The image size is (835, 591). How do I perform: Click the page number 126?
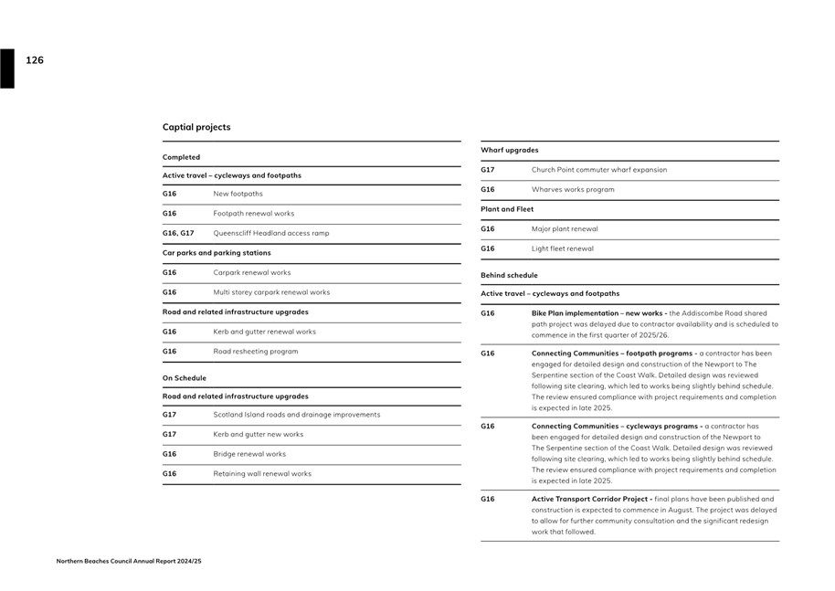coord(35,60)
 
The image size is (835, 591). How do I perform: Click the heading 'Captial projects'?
coord(196,127)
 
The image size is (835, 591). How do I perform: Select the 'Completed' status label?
coord(181,157)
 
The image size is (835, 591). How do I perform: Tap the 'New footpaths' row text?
coord(238,194)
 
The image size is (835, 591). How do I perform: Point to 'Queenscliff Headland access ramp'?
coord(271,233)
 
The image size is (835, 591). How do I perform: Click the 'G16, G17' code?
coord(178,233)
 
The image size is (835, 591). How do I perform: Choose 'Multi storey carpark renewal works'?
coord(271,292)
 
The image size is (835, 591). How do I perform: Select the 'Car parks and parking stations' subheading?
coord(217,252)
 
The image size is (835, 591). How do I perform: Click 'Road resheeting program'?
coord(256,352)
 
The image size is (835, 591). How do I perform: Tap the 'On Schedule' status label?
coord(185,378)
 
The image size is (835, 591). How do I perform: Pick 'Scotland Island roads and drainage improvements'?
coord(297,415)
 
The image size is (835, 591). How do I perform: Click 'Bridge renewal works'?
coord(249,454)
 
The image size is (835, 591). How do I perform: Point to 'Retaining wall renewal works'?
coord(262,474)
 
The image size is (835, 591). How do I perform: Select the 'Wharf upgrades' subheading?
coord(509,150)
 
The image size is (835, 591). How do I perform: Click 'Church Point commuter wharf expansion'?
coord(599,170)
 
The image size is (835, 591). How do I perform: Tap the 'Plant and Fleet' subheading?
coord(507,209)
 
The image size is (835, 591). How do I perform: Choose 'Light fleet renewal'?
coord(563,248)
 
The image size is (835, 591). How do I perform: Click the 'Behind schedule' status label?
coord(509,275)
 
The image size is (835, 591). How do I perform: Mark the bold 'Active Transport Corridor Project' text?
coord(591,499)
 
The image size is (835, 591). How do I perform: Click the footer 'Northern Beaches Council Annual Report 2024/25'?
coord(129,561)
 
